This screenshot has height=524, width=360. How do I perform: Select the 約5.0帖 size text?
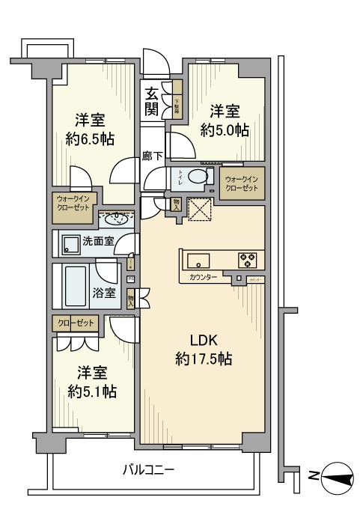[x=224, y=130]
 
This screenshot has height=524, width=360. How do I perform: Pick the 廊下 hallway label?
[x=150, y=157]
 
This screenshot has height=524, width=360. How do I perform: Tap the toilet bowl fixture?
[x=198, y=177]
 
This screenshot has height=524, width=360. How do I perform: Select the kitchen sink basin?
[x=199, y=261]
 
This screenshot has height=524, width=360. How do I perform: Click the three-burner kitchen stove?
[x=248, y=261]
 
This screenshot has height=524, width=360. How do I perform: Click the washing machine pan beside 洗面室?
[x=71, y=243]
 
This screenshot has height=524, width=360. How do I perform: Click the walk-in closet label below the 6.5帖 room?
[x=73, y=204]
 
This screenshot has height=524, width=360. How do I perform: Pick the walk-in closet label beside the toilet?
[x=242, y=183]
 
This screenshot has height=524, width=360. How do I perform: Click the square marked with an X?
[x=200, y=210]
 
